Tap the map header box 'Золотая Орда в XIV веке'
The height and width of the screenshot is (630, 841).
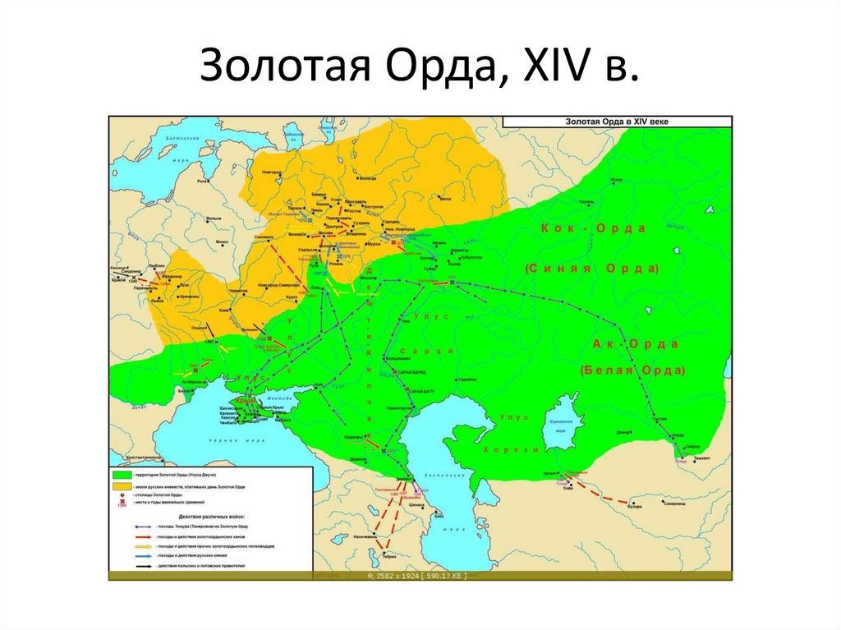[x=617, y=121]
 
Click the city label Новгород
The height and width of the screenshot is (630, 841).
[x=271, y=172]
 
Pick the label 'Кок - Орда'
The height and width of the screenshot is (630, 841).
[x=593, y=228]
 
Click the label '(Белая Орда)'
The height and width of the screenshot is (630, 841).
[x=632, y=370]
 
